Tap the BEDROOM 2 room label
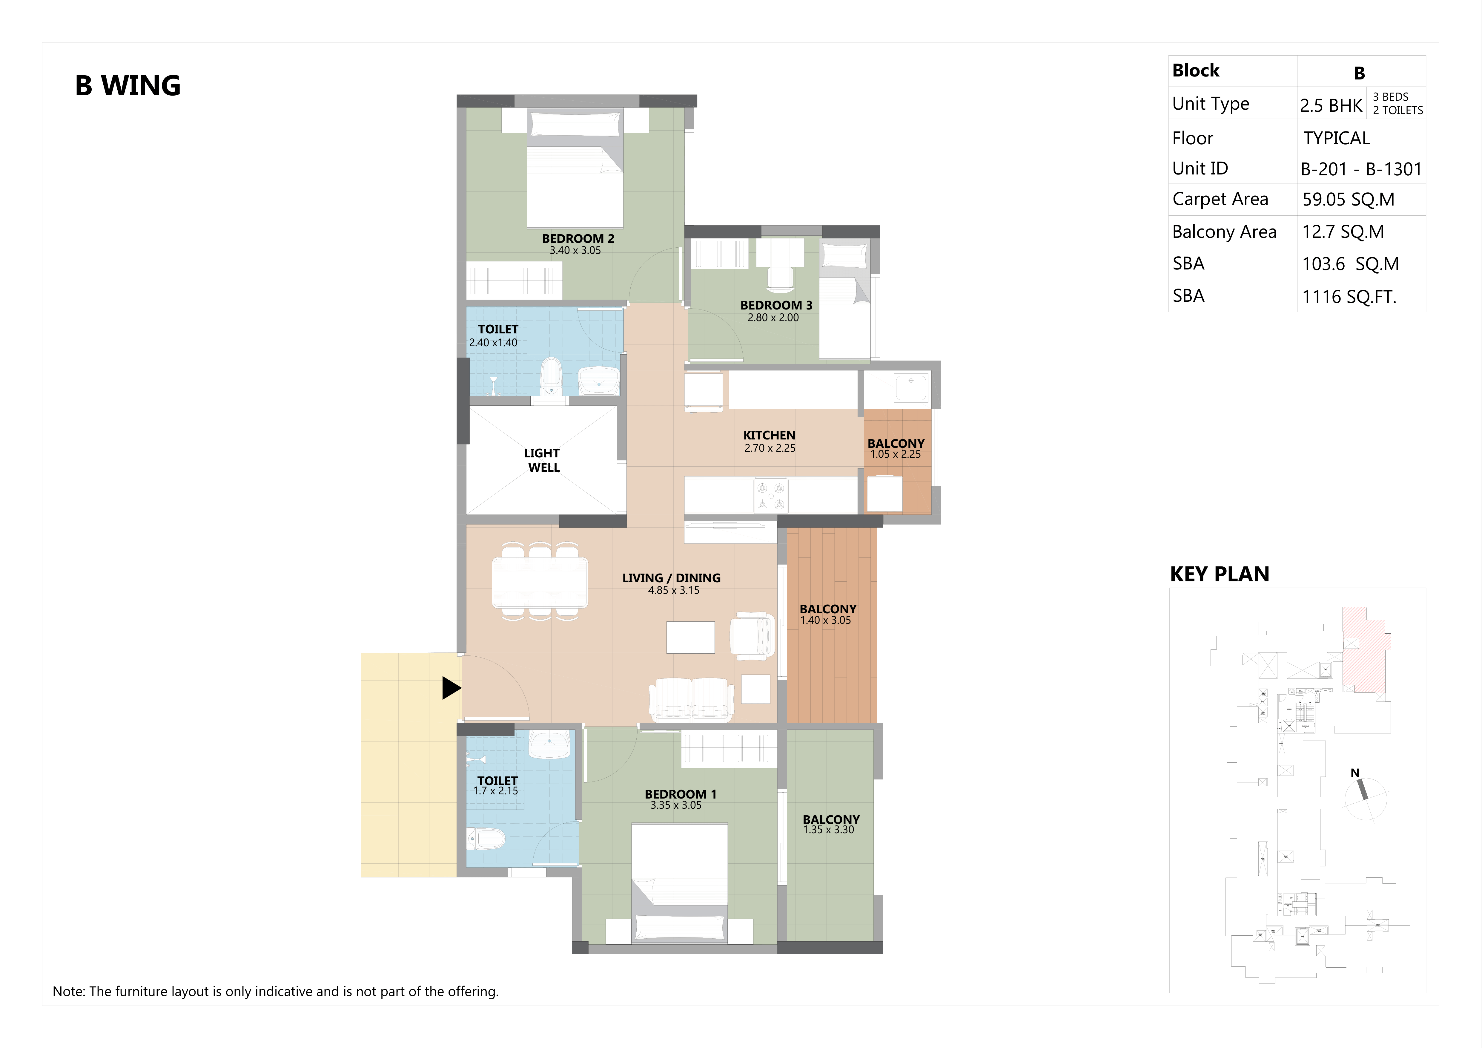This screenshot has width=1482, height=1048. tap(578, 238)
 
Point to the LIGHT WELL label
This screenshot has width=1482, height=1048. tap(543, 460)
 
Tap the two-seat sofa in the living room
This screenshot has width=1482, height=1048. tap(691, 699)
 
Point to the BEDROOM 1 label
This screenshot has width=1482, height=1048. tap(680, 794)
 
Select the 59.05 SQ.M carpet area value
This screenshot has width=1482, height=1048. tap(1349, 200)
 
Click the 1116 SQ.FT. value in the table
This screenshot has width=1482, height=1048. tap(1349, 297)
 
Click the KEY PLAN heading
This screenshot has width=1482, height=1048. tap(1219, 574)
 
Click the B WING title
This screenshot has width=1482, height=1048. tap(128, 86)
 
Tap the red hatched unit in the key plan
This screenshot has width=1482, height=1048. tap(1365, 649)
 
